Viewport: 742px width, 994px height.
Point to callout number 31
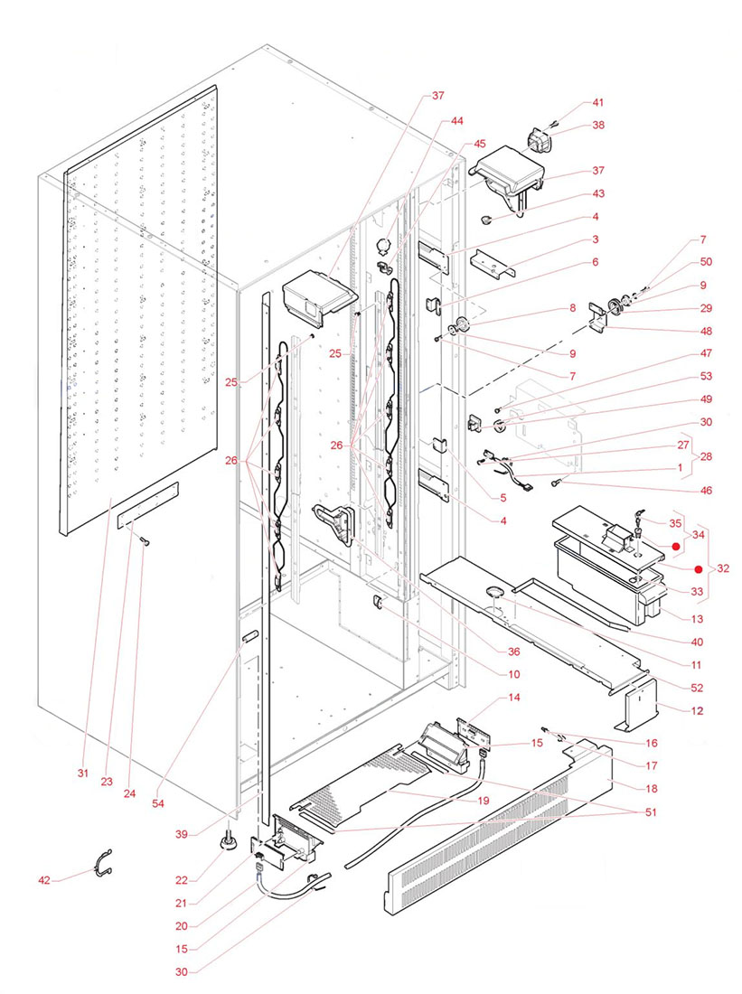coord(82,773)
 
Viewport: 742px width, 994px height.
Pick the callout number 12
coord(697,711)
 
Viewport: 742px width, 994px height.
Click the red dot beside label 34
coord(674,546)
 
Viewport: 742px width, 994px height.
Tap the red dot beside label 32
coord(698,569)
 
